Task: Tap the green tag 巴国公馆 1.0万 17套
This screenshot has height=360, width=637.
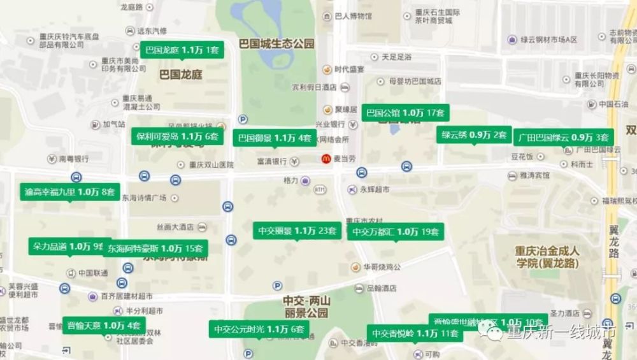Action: coord(406,113)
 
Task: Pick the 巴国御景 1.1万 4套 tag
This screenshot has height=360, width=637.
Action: coord(275,138)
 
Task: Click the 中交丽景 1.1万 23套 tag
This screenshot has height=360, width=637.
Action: coord(297,231)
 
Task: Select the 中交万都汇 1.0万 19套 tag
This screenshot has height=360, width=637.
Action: coord(396,232)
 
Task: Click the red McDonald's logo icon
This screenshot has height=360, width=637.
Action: coord(326,159)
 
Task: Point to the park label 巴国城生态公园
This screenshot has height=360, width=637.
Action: coord(276,44)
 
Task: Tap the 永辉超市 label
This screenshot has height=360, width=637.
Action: coord(373,189)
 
